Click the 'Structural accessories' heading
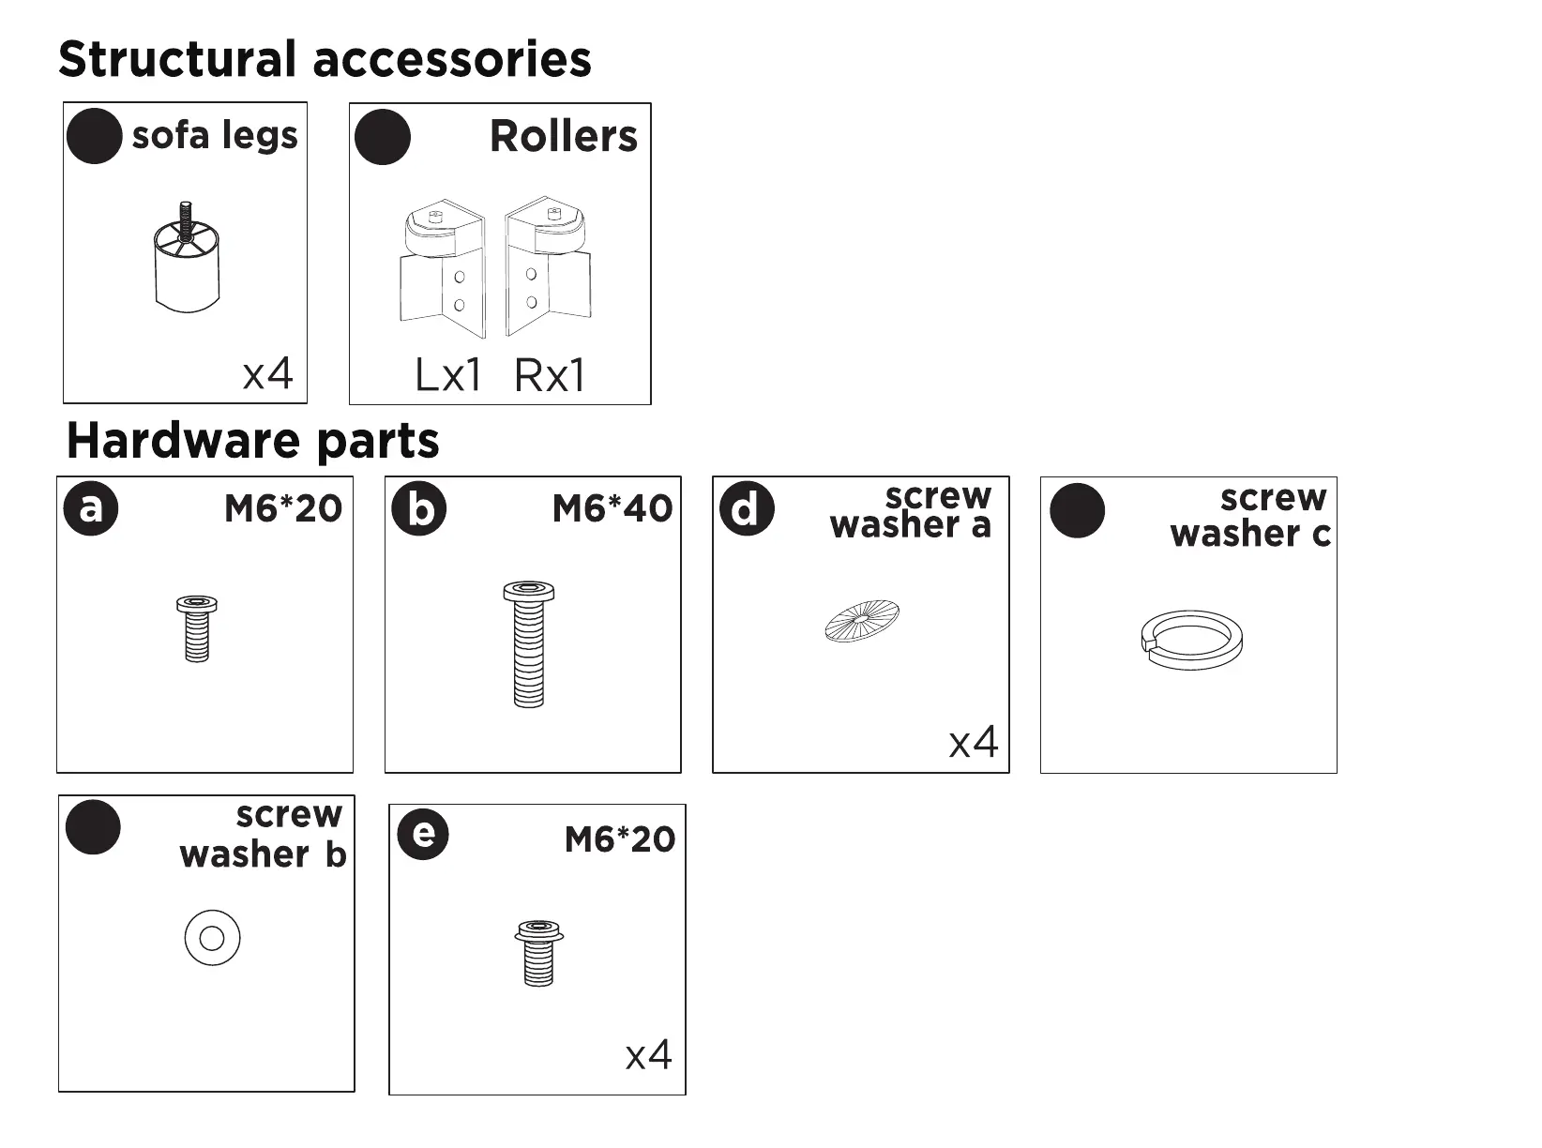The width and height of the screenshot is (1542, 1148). coord(325,59)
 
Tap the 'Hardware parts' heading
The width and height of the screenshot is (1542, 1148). coord(252,440)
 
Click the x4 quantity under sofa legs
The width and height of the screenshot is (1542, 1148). coord(268,374)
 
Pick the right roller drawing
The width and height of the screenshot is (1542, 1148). coord(548,267)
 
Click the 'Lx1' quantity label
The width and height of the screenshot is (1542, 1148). coord(448,376)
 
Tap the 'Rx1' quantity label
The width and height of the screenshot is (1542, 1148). coord(550,376)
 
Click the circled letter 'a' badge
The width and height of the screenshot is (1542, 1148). coord(91,508)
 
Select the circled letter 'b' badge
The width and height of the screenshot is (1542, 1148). coord(419,508)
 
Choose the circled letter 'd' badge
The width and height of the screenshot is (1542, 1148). coord(747,509)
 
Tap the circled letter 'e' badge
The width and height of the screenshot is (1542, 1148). coord(423,833)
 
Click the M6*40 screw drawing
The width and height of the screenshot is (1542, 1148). coord(529,644)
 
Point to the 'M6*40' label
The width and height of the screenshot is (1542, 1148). coord(612,509)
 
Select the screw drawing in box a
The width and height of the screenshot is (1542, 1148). coord(197,627)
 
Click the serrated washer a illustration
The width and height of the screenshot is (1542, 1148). coord(861,620)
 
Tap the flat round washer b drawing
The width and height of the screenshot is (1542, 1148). coord(212,938)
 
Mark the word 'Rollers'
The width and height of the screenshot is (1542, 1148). coord(564,137)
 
